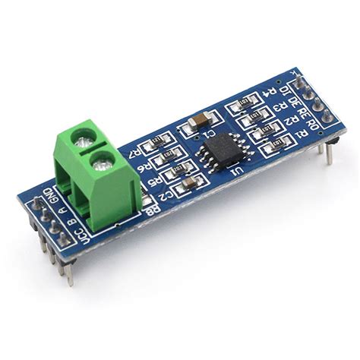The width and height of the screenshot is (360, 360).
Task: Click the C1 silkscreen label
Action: click(210, 134)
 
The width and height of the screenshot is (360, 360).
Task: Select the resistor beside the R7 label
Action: click(159, 141)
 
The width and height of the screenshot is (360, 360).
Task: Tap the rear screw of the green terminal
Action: click(85, 137)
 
